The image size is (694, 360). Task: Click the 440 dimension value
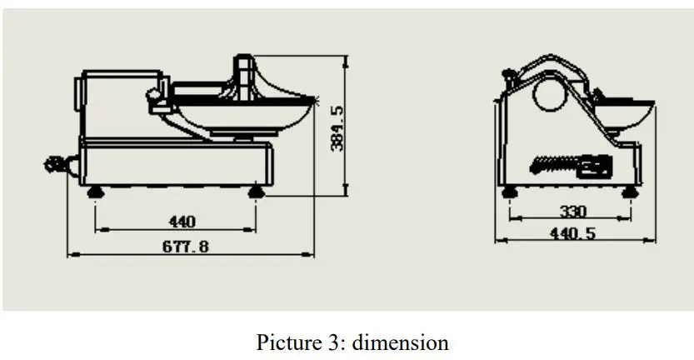coord(182,222)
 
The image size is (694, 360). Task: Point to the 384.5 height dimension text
coord(337,127)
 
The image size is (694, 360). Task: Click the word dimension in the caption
coord(406,342)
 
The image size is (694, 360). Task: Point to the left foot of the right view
coord(509,192)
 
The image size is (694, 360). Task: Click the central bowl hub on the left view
coord(243,79)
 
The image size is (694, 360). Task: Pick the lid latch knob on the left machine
coord(156,101)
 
